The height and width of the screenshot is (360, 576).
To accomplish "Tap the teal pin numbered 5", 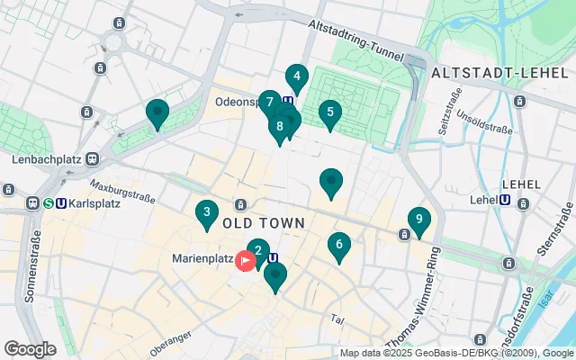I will pos(330,113).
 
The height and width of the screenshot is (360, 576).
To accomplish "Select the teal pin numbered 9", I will pos(418,220).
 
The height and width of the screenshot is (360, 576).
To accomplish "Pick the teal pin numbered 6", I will pos(338,245).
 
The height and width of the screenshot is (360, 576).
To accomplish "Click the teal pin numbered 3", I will pos(207,214).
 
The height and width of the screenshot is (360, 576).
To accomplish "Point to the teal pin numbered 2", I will pos(258,252).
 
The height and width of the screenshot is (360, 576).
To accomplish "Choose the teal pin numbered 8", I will pos(281,127).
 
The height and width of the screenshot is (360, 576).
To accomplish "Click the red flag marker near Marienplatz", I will pos(245,261).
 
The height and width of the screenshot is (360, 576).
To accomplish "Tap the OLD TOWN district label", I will pos(263,222).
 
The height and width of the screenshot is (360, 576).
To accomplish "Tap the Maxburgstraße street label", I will pos(122,193).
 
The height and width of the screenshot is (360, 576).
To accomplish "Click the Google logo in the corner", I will pos(30,348).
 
